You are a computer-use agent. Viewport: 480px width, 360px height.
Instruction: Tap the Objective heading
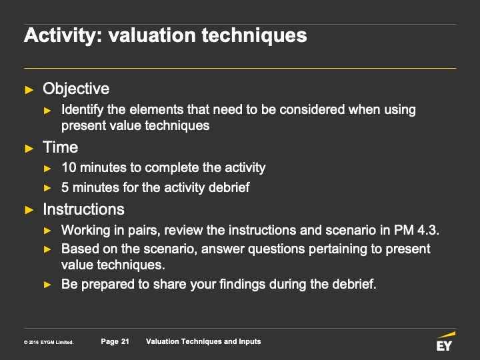(x=76, y=89)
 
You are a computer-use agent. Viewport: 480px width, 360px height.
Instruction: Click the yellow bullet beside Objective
(x=29, y=90)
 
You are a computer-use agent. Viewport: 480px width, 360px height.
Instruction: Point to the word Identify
(x=83, y=110)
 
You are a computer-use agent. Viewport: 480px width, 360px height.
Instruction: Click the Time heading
(x=60, y=147)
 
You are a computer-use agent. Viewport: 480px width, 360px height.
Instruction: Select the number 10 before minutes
(x=69, y=167)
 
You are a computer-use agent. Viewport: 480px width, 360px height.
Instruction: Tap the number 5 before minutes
(x=65, y=187)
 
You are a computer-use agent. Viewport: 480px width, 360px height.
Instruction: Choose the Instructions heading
(x=83, y=209)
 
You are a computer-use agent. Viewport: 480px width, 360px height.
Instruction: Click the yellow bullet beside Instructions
(x=29, y=210)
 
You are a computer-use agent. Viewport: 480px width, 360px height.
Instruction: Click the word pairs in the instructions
(x=144, y=231)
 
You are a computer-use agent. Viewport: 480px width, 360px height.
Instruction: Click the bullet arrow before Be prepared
(x=47, y=285)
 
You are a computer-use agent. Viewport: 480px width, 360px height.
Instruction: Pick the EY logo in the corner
(x=445, y=341)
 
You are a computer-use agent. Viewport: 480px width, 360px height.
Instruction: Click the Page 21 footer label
(x=115, y=341)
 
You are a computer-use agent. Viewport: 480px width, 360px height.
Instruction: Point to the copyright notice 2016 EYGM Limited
(x=49, y=342)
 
